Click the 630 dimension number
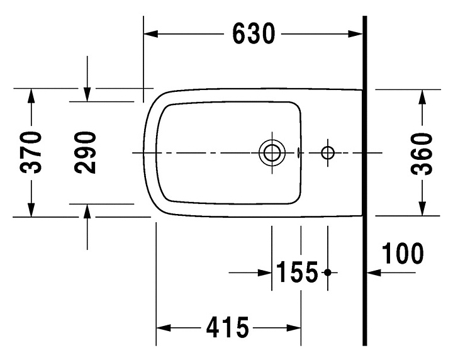click(254, 33)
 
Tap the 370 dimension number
click(31, 152)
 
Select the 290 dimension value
click(85, 152)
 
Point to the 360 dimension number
click(422, 154)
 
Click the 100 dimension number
click(403, 254)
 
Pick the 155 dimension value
click(297, 272)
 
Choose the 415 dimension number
click(228, 327)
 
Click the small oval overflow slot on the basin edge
click(298, 152)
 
